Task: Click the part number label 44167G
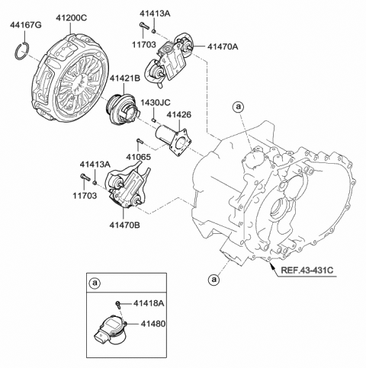pyautogui.click(x=26, y=25)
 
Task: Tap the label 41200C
pyautogui.click(x=72, y=18)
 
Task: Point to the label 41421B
pyautogui.click(x=125, y=78)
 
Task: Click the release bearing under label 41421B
pyautogui.click(x=123, y=109)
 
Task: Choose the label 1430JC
pyautogui.click(x=156, y=102)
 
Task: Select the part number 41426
pyautogui.click(x=178, y=115)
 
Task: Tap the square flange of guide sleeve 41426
pyautogui.click(x=181, y=142)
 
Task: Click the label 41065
pyautogui.click(x=139, y=157)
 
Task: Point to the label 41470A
pyautogui.click(x=223, y=46)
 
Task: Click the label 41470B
pyautogui.click(x=125, y=225)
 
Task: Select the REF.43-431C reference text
pyautogui.click(x=307, y=270)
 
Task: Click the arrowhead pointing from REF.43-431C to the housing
pyautogui.click(x=271, y=267)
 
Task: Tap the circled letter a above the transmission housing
pyautogui.click(x=239, y=107)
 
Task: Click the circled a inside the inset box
pyautogui.click(x=95, y=283)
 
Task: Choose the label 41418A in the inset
pyautogui.click(x=149, y=303)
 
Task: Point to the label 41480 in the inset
pyautogui.click(x=153, y=324)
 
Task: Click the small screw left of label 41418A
pyautogui.click(x=118, y=304)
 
